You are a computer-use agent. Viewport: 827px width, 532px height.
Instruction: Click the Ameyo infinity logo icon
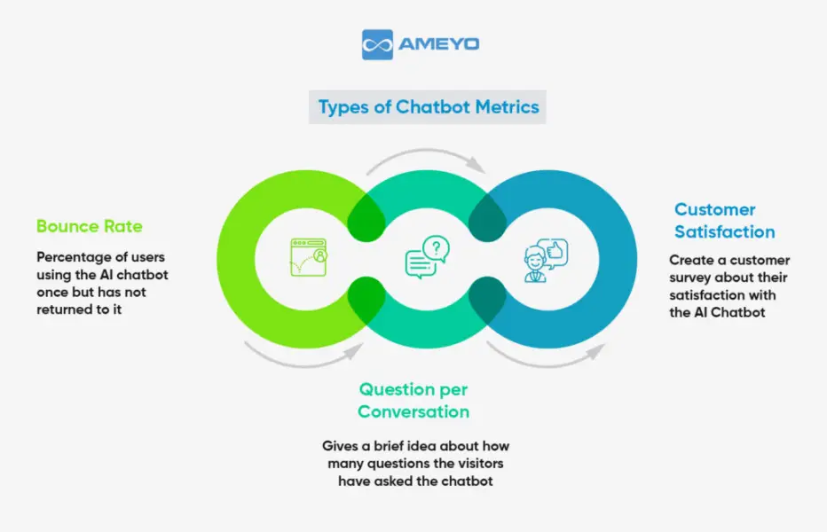pos(377,44)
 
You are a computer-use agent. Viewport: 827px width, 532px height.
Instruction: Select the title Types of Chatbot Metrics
pos(429,107)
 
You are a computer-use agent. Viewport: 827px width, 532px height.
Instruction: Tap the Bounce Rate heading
pos(89,226)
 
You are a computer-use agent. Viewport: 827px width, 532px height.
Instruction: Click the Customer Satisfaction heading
pos(724,221)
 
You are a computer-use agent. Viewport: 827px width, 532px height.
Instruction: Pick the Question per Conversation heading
pos(413,400)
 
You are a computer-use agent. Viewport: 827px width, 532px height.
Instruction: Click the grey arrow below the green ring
pos(303,355)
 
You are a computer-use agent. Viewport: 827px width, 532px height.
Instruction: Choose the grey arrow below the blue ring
pos(546,355)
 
